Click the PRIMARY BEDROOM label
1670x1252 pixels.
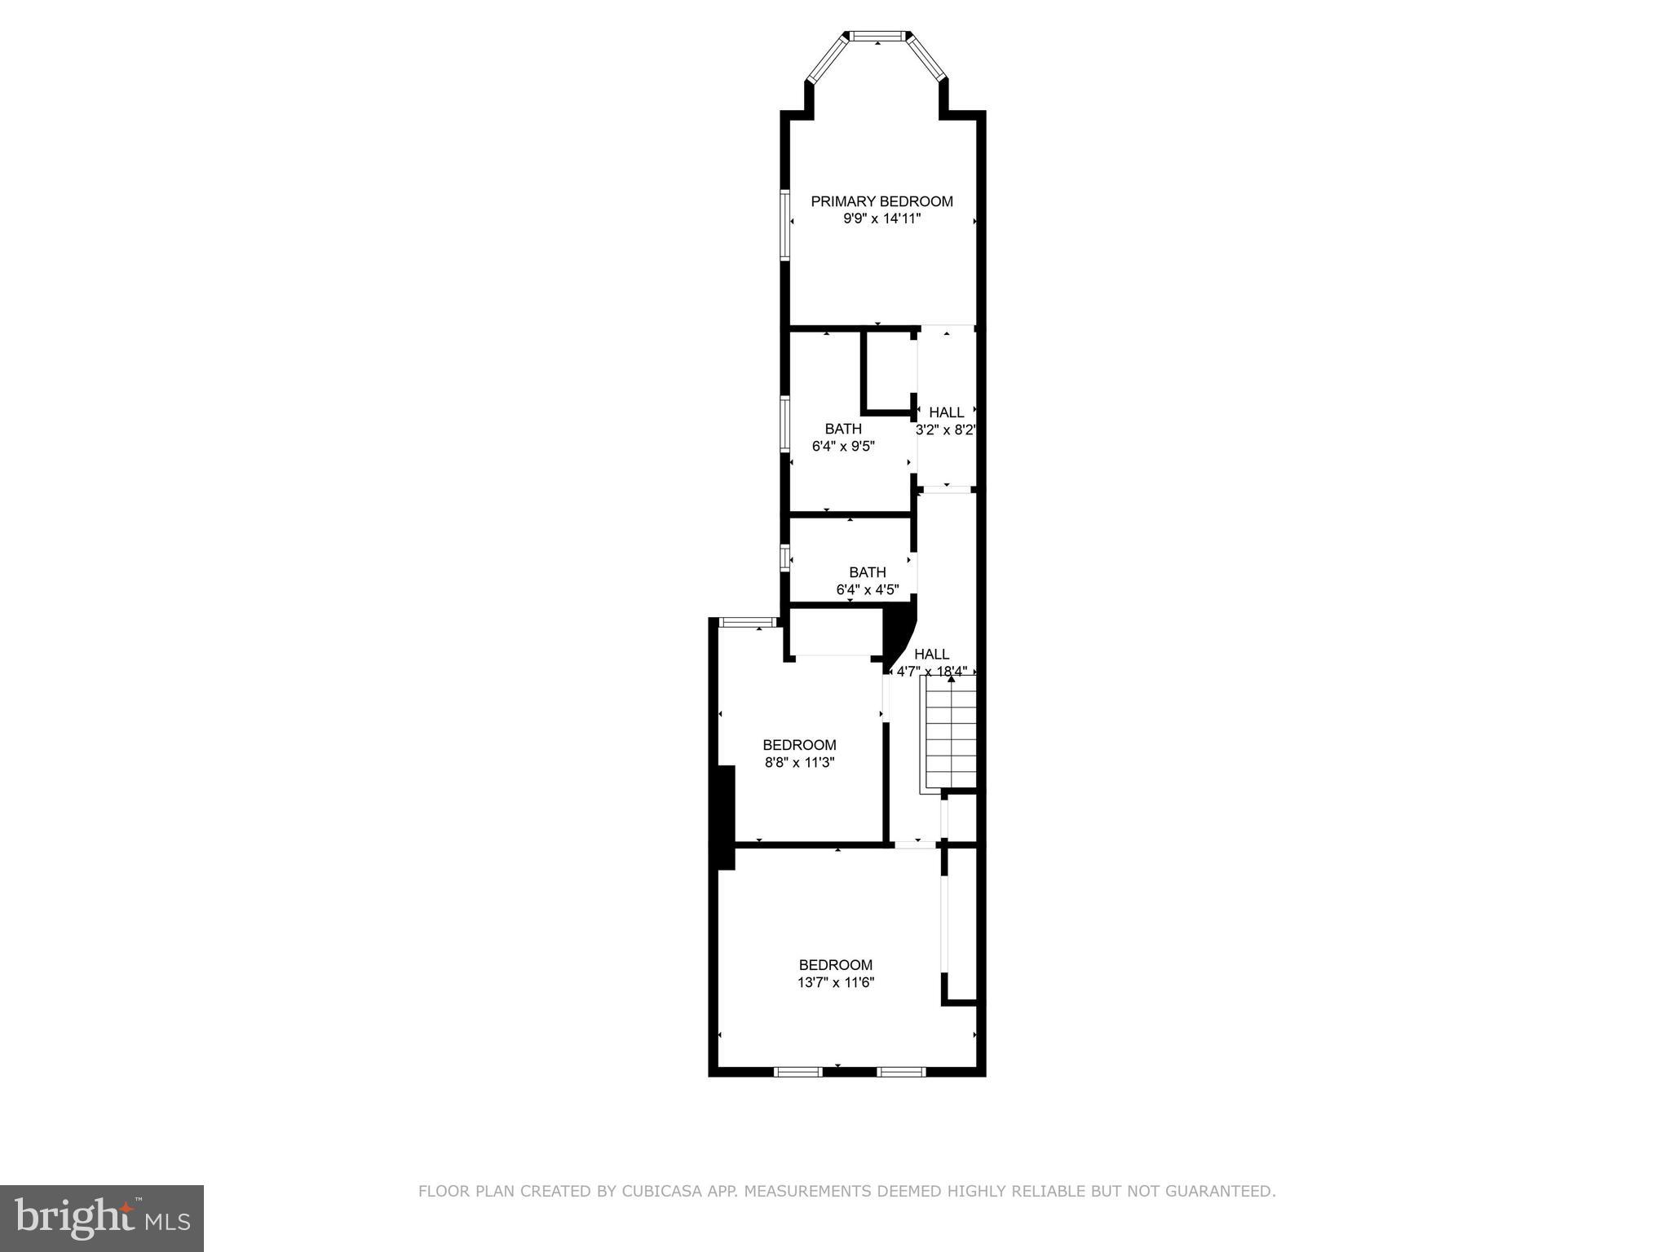click(x=881, y=201)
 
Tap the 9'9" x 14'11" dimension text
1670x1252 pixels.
click(x=881, y=219)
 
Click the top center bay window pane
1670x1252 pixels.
click(x=878, y=36)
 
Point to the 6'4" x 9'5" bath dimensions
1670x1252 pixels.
click(x=843, y=447)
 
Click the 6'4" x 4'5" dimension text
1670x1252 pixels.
click(x=868, y=590)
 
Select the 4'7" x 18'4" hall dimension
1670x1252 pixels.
click(x=932, y=672)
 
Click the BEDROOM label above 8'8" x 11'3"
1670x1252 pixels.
click(x=799, y=745)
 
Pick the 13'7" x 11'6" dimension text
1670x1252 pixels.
click(x=836, y=983)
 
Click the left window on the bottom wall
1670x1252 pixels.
click(x=797, y=1072)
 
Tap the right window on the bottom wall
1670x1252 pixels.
click(x=901, y=1072)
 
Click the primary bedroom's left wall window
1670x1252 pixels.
click(x=784, y=225)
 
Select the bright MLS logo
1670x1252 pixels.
click(x=102, y=1218)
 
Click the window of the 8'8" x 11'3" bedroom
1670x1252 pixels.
click(x=747, y=624)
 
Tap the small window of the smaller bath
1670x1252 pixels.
click(x=784, y=558)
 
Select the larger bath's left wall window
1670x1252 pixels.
click(x=784, y=424)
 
